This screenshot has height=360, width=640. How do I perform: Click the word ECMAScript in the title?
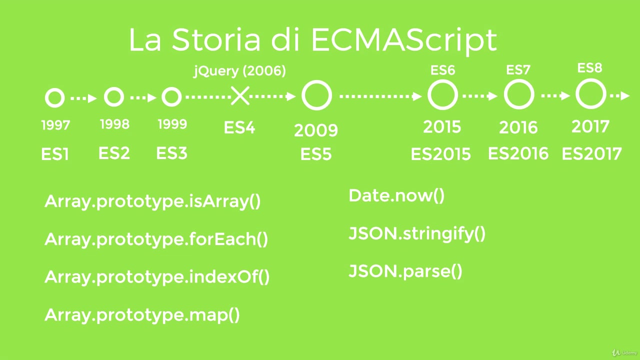(404, 40)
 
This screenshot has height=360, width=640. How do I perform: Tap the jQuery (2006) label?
(239, 71)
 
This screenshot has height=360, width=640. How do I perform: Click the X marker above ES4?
(240, 95)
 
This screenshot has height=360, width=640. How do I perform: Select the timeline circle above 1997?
(54, 98)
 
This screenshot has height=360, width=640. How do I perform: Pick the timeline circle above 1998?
(114, 97)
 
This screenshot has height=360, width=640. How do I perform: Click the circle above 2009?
(316, 95)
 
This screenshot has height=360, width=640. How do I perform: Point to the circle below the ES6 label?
(442, 95)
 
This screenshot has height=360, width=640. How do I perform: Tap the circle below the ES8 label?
(590, 94)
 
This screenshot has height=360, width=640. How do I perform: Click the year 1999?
(172, 124)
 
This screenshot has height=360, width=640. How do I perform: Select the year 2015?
(442, 127)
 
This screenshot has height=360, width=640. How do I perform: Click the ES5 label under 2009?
(316, 154)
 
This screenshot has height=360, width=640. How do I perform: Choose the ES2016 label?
(518, 153)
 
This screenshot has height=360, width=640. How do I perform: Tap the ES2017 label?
(591, 153)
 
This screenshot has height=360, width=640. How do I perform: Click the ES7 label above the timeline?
(518, 70)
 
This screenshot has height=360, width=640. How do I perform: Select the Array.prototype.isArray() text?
(152, 201)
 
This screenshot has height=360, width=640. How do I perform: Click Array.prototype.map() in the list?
(142, 315)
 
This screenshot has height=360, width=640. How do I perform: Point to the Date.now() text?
(396, 195)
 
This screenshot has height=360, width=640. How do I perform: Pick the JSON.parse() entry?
(405, 271)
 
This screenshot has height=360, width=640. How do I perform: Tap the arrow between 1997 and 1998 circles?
(84, 98)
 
